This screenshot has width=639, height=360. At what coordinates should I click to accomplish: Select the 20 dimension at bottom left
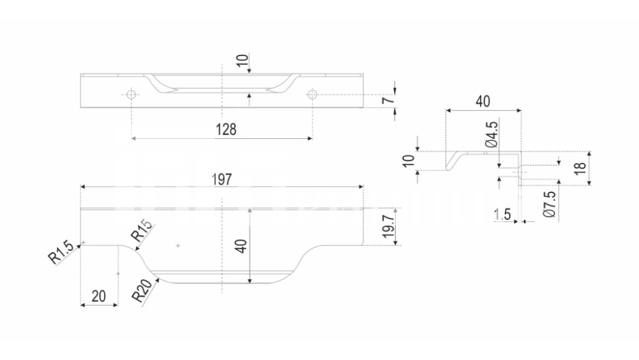[x=98, y=296]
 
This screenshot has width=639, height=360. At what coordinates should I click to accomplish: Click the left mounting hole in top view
[x=131, y=95]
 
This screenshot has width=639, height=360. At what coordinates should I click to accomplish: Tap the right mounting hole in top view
[x=312, y=95]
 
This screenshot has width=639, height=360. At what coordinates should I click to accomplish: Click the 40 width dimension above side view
[x=483, y=101]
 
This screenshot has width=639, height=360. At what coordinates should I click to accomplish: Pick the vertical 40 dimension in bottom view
[x=241, y=246]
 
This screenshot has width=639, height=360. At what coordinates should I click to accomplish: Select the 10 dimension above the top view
[x=241, y=61]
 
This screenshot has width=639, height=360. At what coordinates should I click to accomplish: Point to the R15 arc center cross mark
[x=178, y=246]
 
